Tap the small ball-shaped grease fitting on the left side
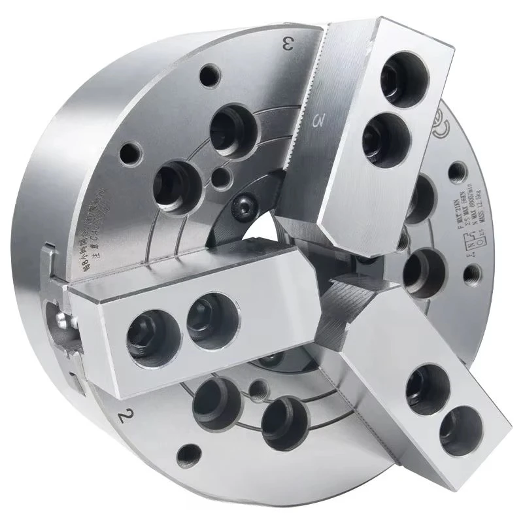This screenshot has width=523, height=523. (x=60, y=321)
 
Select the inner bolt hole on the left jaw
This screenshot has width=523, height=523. (x=208, y=314)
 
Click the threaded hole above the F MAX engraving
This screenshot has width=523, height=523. (x=456, y=173)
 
